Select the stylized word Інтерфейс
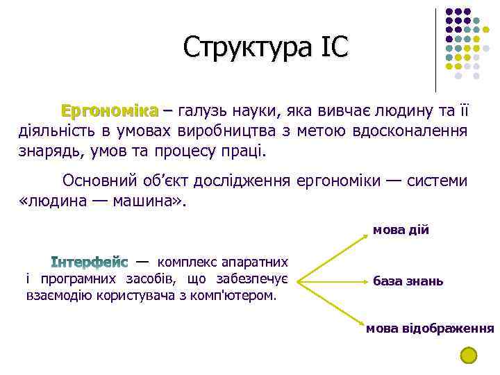90,263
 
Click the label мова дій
401,230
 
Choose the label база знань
408,281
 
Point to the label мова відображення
430,328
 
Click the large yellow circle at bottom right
469,356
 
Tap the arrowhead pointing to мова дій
366,237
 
